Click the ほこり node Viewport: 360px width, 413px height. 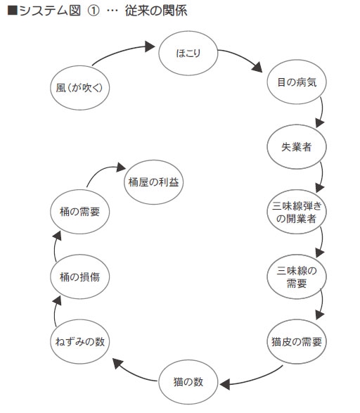188,53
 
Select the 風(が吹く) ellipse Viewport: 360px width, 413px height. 79,88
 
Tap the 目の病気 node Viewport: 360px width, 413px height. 297,82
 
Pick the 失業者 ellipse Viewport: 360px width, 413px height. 297,147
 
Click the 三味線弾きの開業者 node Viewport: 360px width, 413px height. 297,212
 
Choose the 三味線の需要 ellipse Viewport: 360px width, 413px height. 297,277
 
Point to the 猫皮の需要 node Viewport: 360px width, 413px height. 297,342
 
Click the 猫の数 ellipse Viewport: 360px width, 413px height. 188,382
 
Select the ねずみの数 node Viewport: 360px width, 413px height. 79,342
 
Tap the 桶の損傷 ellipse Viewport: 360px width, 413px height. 79,277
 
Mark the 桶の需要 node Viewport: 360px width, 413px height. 79,212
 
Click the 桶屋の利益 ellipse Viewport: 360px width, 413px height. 154,182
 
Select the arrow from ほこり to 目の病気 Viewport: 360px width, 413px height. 242,56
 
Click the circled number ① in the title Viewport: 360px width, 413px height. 94,11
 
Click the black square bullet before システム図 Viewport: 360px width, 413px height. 13,11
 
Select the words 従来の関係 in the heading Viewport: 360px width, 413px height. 156,11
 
